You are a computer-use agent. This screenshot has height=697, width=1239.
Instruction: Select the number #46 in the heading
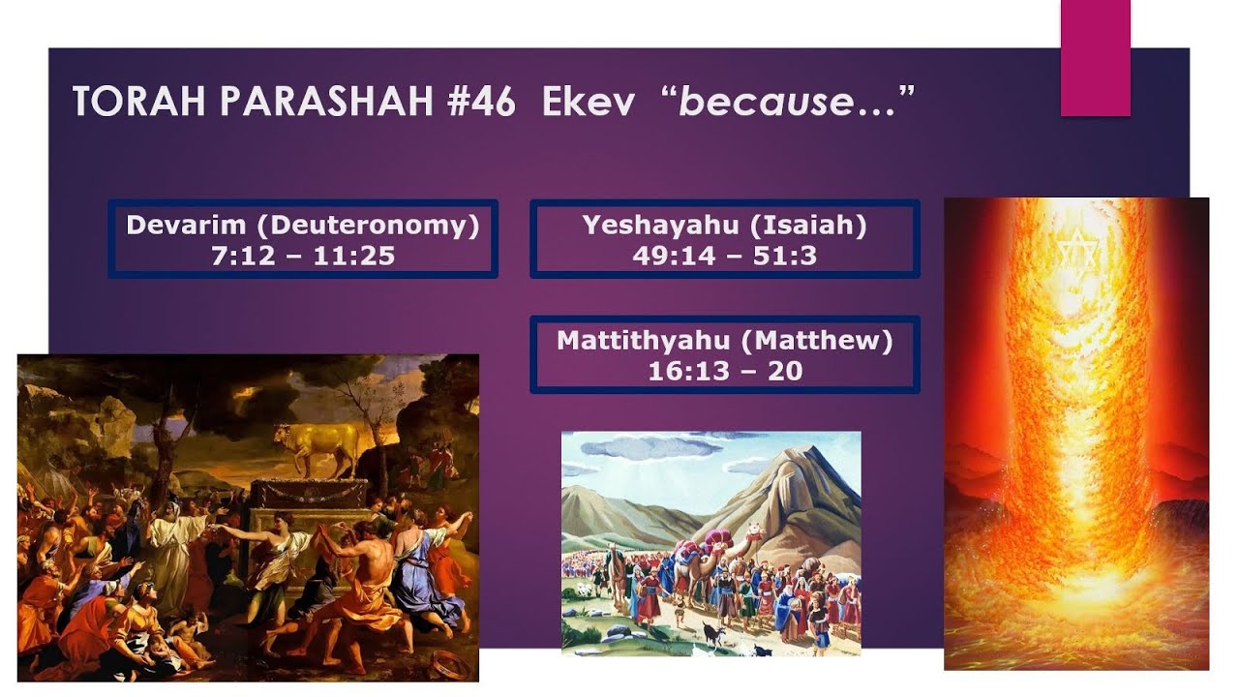(x=480, y=101)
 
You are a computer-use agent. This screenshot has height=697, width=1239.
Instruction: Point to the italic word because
(x=754, y=101)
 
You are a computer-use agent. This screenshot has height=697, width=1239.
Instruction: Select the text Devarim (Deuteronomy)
(x=303, y=226)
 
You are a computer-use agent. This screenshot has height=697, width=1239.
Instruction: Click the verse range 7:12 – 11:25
(x=303, y=256)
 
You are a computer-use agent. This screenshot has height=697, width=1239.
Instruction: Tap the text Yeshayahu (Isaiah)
(x=724, y=226)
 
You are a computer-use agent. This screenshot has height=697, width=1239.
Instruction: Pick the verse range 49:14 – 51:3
(x=724, y=256)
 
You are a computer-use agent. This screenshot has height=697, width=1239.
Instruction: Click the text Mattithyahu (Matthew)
(x=724, y=341)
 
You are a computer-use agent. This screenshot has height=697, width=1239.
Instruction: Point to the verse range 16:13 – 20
(x=724, y=371)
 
